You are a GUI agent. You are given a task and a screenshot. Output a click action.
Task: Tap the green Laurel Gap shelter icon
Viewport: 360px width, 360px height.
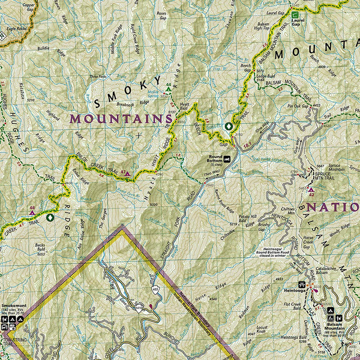[x=295, y=14]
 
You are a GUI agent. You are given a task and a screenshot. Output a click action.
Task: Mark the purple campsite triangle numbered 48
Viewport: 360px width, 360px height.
[x=32, y=212]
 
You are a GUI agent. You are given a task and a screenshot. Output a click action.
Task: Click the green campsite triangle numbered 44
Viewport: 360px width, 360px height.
[x=168, y=89]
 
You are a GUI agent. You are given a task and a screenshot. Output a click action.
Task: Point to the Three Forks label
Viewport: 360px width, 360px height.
[x=97, y=76]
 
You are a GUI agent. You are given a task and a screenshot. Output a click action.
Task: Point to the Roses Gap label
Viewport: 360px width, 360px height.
[x=160, y=14]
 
